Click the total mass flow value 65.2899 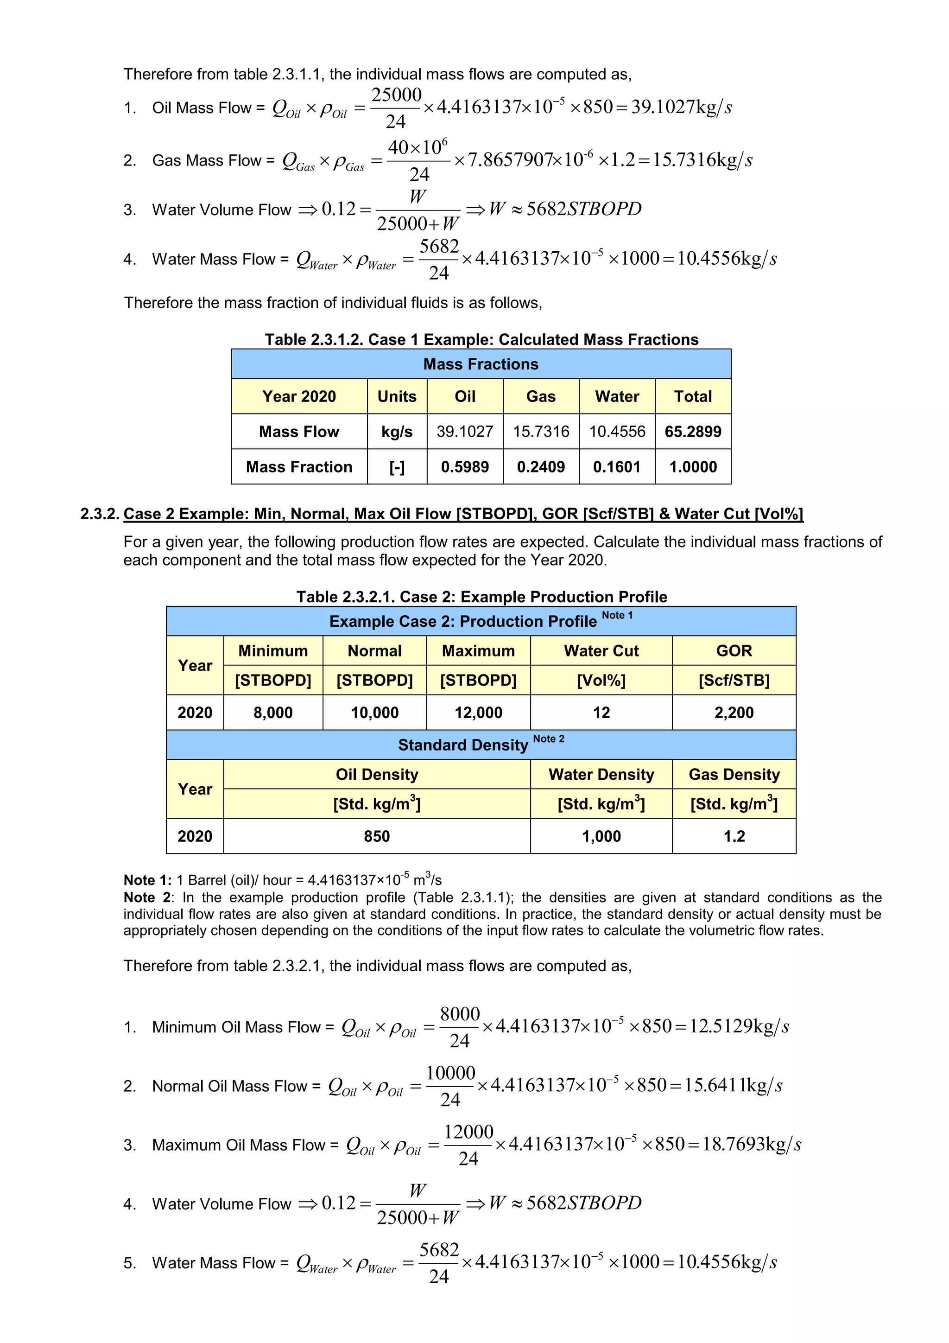(x=692, y=432)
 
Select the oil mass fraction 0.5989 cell (x=464, y=467)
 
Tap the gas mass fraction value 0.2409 (x=540, y=467)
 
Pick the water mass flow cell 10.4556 (x=616, y=432)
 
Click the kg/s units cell (x=397, y=432)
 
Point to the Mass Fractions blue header (x=480, y=364)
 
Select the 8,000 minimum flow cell (x=272, y=713)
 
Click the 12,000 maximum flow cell (x=478, y=713)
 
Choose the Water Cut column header (x=601, y=651)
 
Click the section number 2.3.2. (x=100, y=514)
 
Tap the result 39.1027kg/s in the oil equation (x=681, y=107)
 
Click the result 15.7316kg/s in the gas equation (x=702, y=159)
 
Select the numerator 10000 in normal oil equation (x=450, y=1073)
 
